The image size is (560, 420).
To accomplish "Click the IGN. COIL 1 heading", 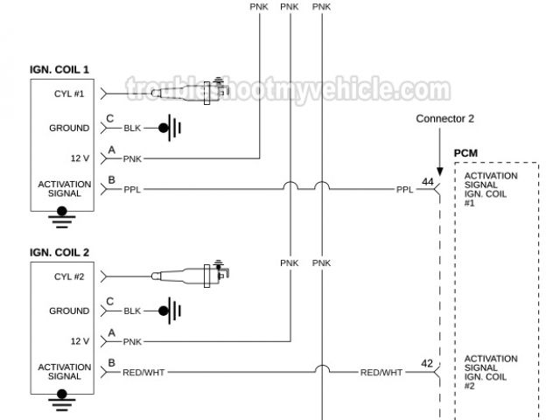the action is click(x=59, y=69).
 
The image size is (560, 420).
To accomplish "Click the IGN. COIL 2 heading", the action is click(x=59, y=252).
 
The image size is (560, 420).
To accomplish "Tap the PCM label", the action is click(x=465, y=154).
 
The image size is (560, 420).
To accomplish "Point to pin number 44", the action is click(x=428, y=181).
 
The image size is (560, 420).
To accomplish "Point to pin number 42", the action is click(x=428, y=364).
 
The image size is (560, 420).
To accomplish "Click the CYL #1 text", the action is click(x=69, y=93).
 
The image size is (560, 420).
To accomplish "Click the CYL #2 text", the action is click(x=69, y=276).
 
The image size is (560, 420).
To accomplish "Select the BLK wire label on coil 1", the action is click(x=132, y=129).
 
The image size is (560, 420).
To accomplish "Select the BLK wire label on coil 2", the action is click(x=132, y=311).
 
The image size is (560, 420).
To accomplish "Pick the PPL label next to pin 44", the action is click(x=403, y=188).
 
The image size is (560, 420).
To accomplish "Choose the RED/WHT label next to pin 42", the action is click(x=381, y=372).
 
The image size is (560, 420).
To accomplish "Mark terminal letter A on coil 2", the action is click(x=110, y=334).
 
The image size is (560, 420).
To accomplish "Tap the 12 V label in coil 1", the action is click(x=80, y=158).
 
